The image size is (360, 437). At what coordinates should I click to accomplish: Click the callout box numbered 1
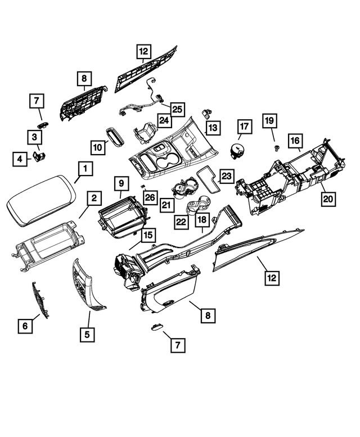coord(85,169)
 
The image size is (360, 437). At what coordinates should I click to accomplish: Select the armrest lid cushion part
coord(41,200)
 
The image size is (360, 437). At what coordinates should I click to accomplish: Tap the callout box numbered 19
coord(269,121)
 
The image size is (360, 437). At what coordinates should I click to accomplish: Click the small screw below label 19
coord(277,148)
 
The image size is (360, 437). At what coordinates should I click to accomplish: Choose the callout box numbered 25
coord(177,110)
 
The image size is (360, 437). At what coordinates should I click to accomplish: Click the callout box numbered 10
coord(98,147)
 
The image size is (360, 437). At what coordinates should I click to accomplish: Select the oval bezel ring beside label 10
coord(115,137)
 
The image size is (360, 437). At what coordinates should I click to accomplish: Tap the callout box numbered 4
coord(20,159)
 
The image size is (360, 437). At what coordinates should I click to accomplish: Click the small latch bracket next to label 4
coord(40,156)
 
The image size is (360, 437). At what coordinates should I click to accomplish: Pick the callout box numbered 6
coord(25,326)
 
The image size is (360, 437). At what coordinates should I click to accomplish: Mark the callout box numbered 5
coord(87,335)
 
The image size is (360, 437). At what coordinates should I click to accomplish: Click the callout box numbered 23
coord(227,176)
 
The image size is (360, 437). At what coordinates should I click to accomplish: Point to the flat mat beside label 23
coord(208,179)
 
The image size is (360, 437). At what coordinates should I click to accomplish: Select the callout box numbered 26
coord(150,197)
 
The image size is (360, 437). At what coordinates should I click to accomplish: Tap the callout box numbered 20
coord(328,199)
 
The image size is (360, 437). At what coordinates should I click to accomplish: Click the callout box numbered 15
coord(148,235)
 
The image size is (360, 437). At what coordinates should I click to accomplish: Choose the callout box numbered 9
coord(121,183)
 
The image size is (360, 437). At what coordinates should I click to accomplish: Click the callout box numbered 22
coord(181,222)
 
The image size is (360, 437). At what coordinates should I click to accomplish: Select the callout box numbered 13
coord(213,128)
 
